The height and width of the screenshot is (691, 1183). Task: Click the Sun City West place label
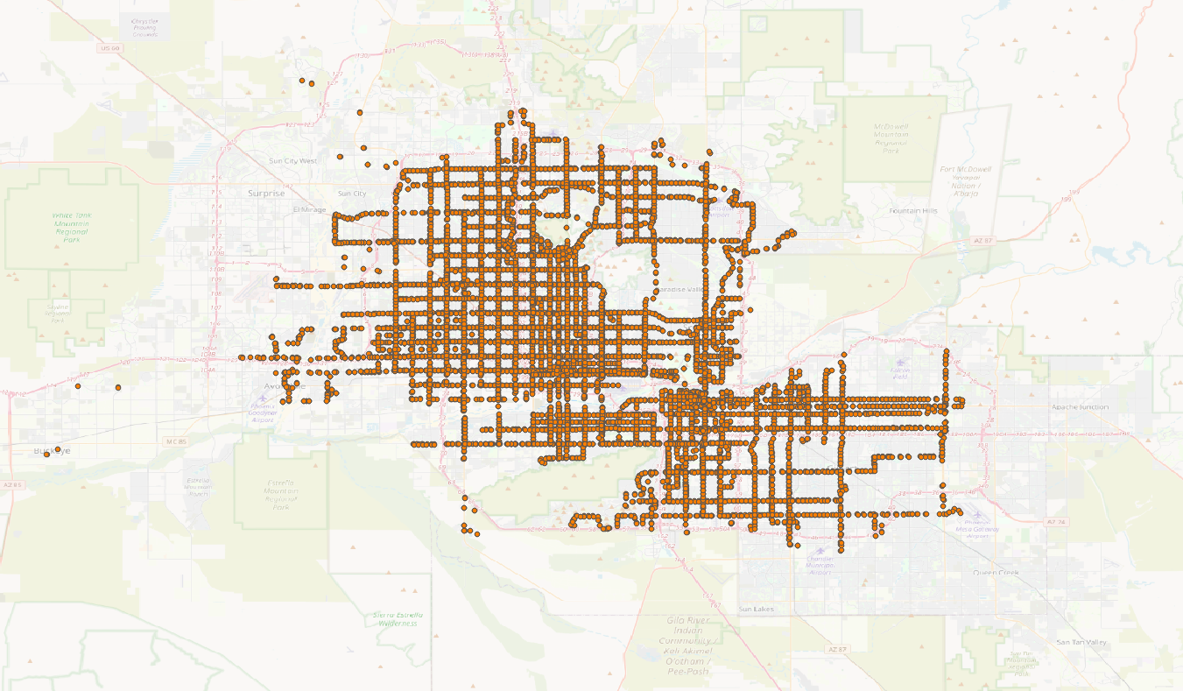(294, 161)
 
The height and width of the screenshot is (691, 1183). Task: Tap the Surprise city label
(266, 194)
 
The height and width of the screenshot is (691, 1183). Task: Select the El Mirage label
(309, 210)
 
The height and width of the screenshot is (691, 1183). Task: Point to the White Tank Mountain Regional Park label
(71, 227)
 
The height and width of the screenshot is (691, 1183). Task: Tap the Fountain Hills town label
(912, 211)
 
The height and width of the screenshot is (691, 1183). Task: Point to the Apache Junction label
(1081, 407)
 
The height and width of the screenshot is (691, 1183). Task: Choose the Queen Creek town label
(996, 573)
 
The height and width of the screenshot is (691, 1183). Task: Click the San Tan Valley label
(1081, 642)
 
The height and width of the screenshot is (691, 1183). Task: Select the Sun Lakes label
(757, 608)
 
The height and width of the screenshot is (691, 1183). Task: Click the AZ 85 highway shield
(12, 484)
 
